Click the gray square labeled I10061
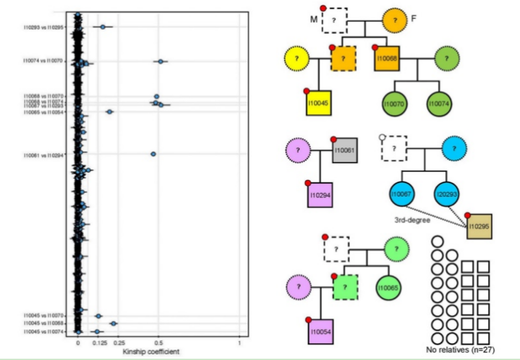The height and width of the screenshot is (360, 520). tap(344, 151)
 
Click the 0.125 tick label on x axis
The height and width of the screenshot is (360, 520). tap(99, 342)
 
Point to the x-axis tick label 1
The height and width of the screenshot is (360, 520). tap(239, 342)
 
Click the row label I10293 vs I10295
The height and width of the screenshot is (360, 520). tap(44, 27)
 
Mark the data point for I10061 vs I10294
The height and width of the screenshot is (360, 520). tap(153, 154)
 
